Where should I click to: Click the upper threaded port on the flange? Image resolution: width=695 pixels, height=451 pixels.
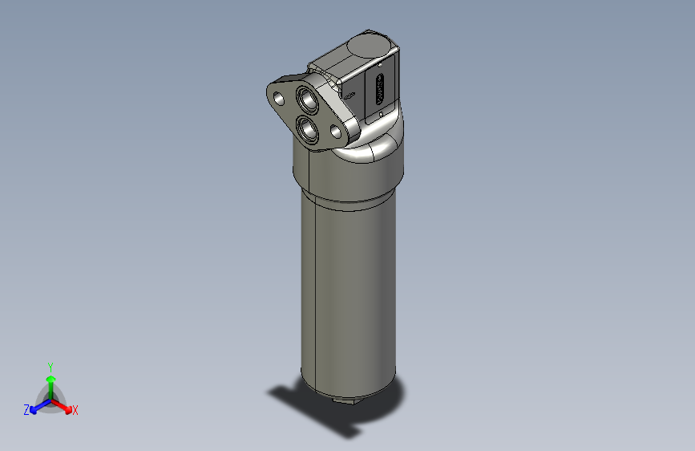(x=308, y=100)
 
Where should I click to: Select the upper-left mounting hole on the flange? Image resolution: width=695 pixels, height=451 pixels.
(x=279, y=98)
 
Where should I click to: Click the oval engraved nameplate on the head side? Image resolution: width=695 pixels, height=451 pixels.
(x=379, y=87)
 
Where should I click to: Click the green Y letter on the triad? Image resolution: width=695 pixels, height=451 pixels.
(x=50, y=365)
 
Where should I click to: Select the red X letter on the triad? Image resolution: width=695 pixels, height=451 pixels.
(x=75, y=411)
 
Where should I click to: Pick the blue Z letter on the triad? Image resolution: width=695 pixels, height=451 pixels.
(x=26, y=409)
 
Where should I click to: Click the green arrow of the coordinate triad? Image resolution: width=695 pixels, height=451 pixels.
(x=51, y=380)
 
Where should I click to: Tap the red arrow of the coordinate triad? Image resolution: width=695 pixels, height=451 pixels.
(x=64, y=405)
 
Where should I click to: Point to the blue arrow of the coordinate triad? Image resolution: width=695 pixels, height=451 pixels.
(x=37, y=405)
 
